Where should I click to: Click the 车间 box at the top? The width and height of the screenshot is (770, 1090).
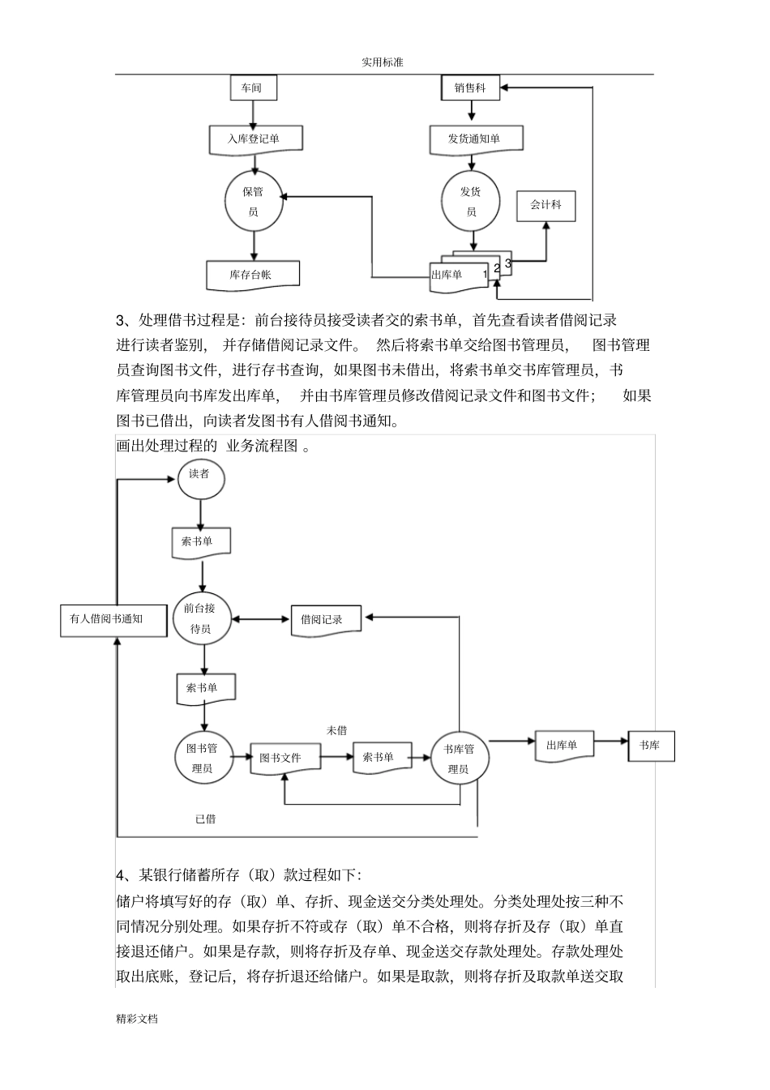tap(253, 88)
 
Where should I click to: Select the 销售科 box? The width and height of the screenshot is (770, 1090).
tap(470, 88)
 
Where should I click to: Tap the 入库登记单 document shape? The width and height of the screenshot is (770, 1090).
tap(255, 139)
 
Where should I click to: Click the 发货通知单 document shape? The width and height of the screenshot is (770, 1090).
tap(475, 139)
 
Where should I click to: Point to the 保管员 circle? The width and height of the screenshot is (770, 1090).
tap(254, 202)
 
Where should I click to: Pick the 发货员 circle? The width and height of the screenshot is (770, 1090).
tap(470, 202)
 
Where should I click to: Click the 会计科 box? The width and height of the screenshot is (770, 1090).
tap(545, 205)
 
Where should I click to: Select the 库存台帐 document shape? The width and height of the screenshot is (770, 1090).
tap(253, 275)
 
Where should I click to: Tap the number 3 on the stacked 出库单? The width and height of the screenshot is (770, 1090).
tap(508, 263)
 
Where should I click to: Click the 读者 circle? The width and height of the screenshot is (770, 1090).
tap(200, 476)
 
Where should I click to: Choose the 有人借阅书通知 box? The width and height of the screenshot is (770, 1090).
tap(113, 619)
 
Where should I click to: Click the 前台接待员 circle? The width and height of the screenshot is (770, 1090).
tap(202, 618)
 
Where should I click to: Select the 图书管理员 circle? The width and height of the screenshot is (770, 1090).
tap(202, 758)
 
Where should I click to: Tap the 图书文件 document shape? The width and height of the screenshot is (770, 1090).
tap(284, 758)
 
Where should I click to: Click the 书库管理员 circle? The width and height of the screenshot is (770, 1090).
tap(459, 759)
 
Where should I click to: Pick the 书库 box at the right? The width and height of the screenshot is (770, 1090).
tap(651, 745)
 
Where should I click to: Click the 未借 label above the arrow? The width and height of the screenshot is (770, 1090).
tap(336, 730)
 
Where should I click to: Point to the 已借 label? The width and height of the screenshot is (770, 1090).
tap(206, 819)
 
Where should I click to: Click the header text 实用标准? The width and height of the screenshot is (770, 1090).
tap(383, 62)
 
